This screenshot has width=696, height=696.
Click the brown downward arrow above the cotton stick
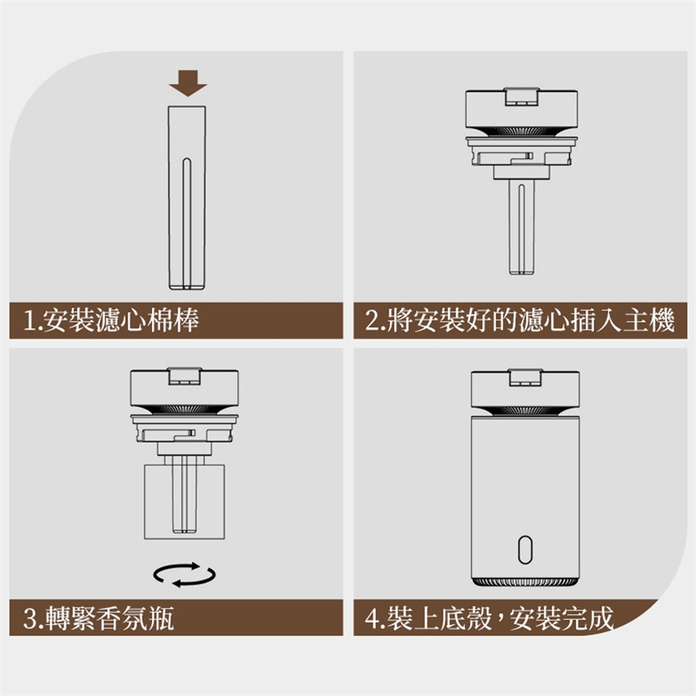coord(188,83)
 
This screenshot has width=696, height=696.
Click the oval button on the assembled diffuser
coord(525,550)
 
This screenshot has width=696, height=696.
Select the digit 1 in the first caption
coord(30,320)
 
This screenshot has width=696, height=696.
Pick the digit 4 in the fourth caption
coord(372,618)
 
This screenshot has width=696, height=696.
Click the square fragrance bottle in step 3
coord(184,502)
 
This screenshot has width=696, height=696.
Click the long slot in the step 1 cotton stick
coord(187,223)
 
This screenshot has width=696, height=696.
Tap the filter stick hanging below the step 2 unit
coord(521,227)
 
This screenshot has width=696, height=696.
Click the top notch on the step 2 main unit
coord(521,96)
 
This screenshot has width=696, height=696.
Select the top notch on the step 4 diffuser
coord(525,377)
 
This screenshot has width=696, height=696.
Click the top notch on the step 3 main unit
coord(184,376)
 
